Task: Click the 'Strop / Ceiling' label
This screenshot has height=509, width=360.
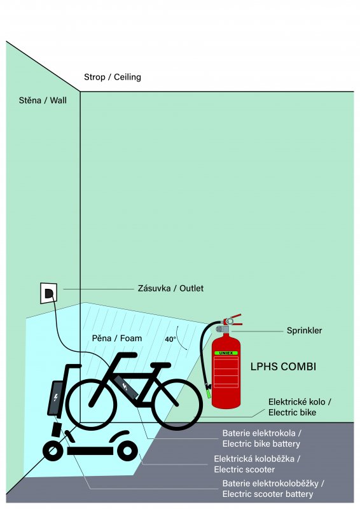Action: coord(113,77)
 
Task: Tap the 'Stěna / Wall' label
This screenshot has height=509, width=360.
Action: coord(43,101)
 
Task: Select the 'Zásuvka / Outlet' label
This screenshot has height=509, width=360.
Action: coord(170,288)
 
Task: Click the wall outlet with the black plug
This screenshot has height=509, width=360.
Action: coord(49,293)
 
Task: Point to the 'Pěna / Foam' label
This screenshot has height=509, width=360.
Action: coord(117,338)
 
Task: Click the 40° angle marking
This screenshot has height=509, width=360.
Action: coord(170,339)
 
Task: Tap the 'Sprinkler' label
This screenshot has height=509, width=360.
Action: coord(304,331)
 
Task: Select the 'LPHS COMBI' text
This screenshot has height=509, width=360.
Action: coord(283,366)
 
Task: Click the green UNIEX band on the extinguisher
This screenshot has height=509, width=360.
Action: coord(226,353)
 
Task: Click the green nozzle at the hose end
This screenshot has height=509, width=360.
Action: coord(208,393)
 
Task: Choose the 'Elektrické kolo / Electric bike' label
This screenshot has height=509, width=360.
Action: coord(300,407)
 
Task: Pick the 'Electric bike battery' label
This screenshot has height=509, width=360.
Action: coord(261,443)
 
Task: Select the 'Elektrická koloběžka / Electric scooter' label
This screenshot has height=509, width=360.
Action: coord(256,464)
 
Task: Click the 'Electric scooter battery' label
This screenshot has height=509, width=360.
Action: coord(268,494)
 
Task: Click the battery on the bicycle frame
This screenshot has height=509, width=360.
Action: coord(126,387)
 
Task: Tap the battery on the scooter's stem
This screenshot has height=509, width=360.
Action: coord(56,398)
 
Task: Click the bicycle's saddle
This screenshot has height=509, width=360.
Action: coord(160,365)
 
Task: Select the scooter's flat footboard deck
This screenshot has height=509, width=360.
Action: coord(90,451)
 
